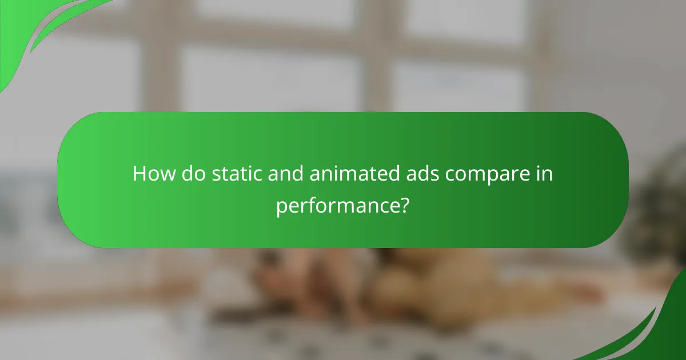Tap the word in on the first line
(544, 174)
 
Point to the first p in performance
(281, 207)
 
